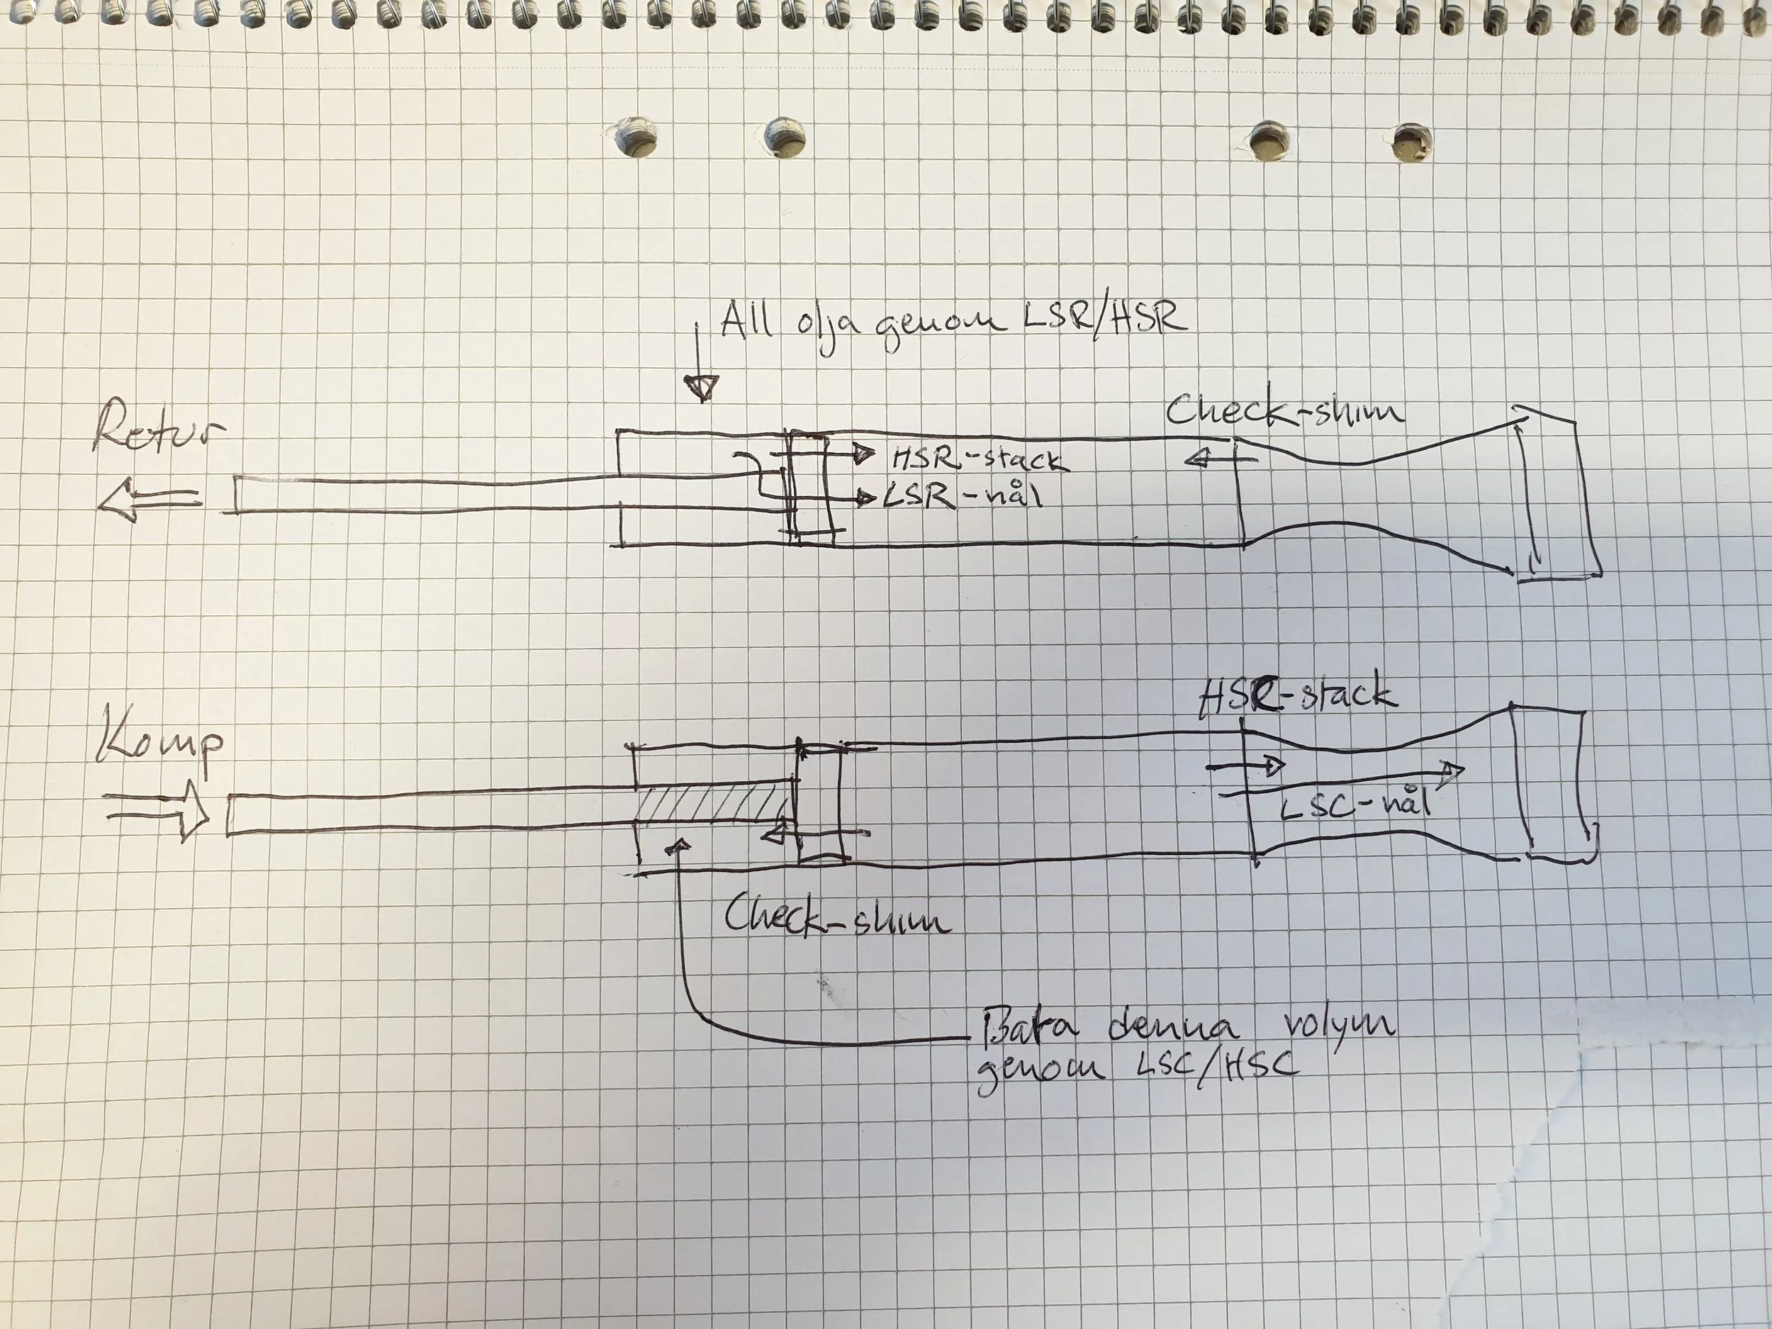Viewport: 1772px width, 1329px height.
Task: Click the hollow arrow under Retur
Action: point(150,500)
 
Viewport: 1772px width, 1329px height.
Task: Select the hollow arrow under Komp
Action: point(158,812)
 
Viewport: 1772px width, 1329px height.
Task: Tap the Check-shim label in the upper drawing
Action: point(1284,412)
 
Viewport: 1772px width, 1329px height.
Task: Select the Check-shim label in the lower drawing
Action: point(838,916)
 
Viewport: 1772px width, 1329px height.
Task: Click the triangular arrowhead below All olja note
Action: point(702,387)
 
